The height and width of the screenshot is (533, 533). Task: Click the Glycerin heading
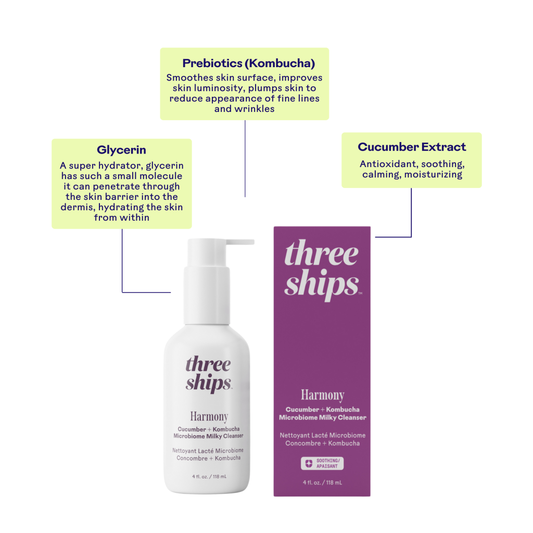point(121,150)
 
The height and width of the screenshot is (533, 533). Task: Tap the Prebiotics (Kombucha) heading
point(248,63)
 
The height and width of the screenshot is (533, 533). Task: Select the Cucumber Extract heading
point(412,147)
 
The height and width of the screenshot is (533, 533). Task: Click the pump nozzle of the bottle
point(240,242)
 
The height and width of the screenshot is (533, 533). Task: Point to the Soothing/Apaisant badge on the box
point(322,463)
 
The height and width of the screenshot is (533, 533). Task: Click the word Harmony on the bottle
point(209,417)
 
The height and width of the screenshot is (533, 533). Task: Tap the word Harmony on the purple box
point(323,396)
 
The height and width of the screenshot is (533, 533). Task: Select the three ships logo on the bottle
point(208,374)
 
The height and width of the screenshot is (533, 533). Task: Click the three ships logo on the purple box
point(322,270)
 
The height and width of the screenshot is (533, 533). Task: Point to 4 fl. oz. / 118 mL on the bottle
point(209,477)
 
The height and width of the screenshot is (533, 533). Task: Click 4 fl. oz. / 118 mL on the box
point(322,483)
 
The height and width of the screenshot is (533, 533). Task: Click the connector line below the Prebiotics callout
point(245,158)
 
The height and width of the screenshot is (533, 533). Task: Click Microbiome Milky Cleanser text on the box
point(323,417)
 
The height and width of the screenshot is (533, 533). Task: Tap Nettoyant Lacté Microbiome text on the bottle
point(208,451)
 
